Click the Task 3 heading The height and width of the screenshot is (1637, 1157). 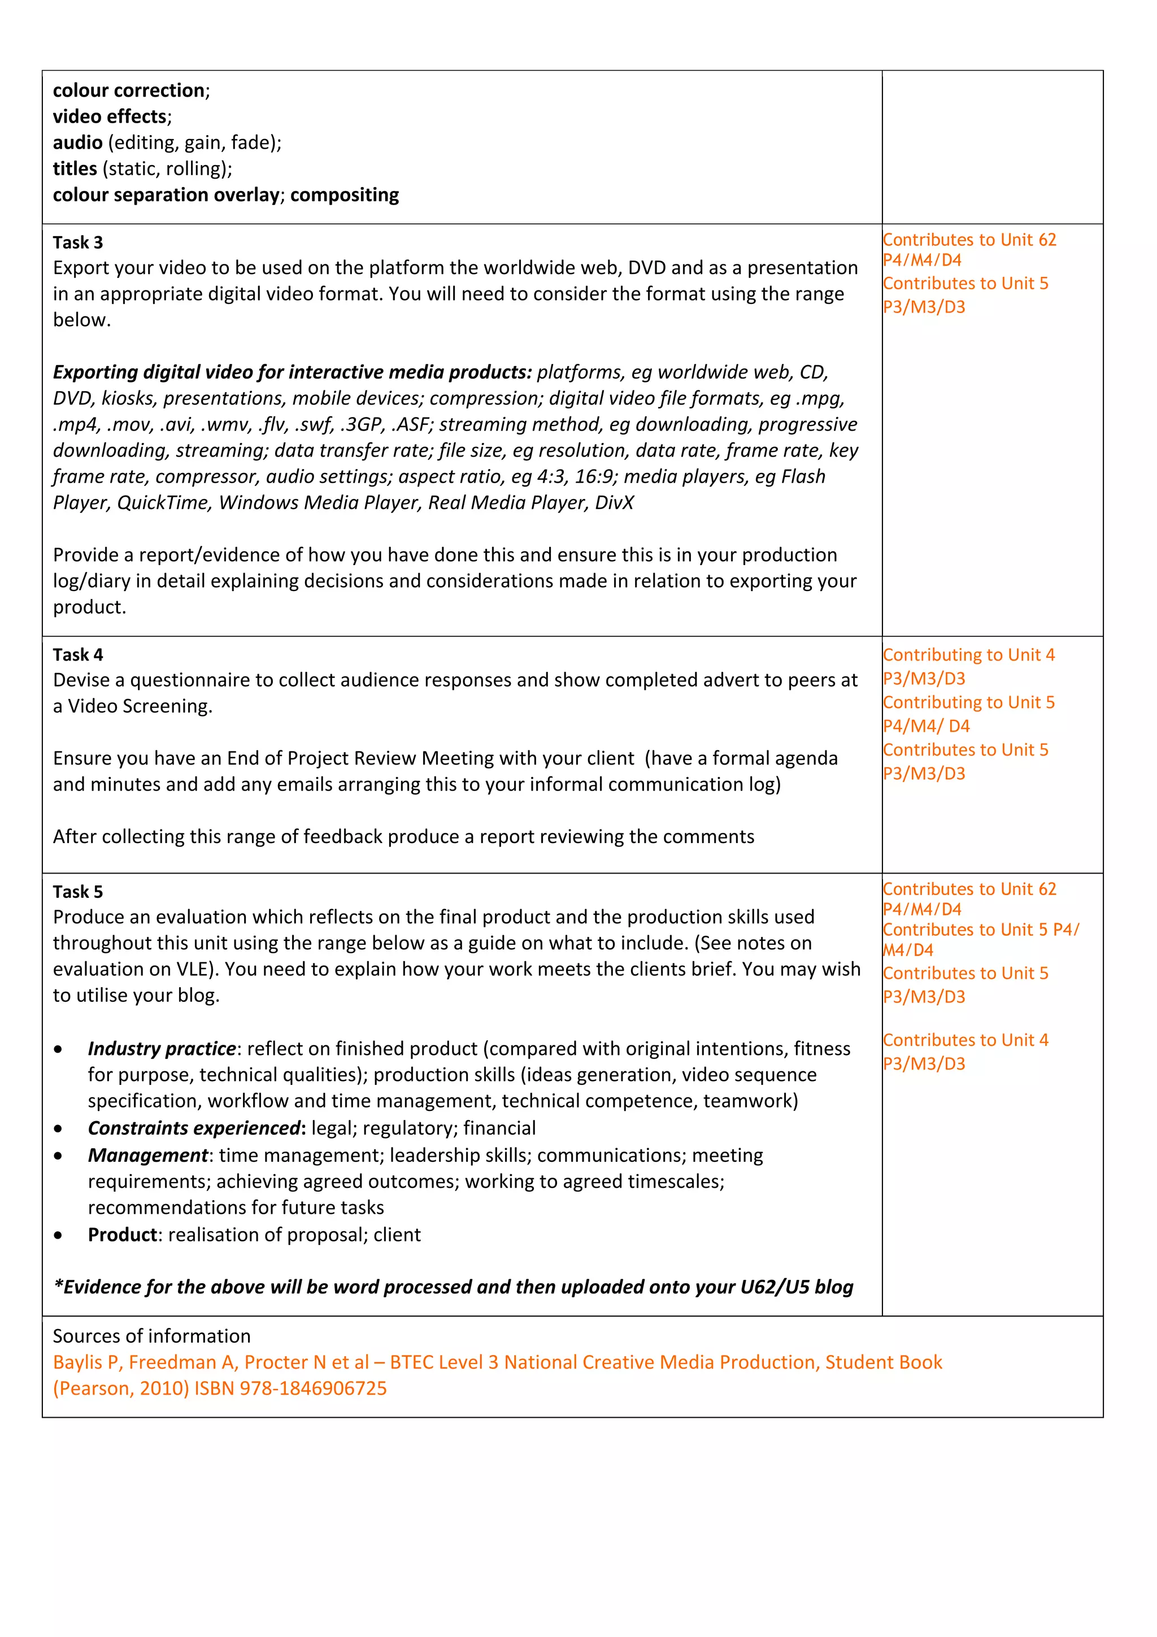[x=78, y=242]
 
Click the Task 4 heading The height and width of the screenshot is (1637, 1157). [x=78, y=654]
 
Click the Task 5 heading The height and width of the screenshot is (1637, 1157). [x=78, y=891]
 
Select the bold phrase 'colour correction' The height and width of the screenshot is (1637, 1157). [x=128, y=90]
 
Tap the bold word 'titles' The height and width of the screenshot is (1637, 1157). [x=75, y=169]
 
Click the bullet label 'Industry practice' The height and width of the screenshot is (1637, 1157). [x=162, y=1048]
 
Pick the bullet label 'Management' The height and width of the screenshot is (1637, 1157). [x=147, y=1155]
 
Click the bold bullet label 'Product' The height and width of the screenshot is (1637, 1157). [x=122, y=1235]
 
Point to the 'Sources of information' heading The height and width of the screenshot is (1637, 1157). [x=152, y=1336]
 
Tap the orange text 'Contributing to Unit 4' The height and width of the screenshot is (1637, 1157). [x=968, y=654]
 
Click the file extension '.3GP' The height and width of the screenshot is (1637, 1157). [x=362, y=424]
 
